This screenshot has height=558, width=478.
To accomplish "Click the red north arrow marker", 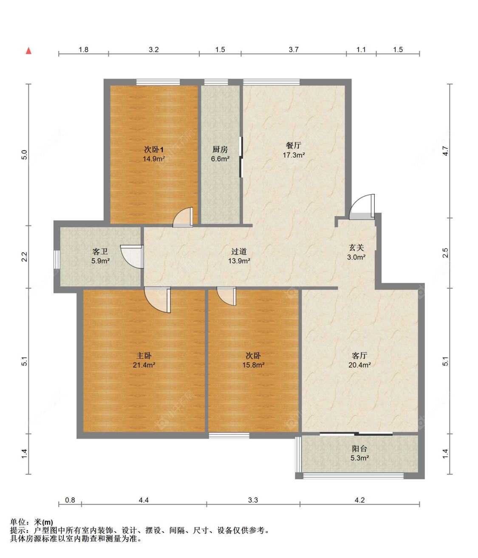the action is [x=28, y=51].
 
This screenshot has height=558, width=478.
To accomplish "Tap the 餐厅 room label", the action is [x=293, y=145].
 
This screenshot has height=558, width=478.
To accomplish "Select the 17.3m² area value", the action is [x=294, y=155].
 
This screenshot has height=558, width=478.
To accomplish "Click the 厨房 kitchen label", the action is [x=220, y=149].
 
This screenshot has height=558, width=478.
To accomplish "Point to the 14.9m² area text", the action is [x=154, y=158].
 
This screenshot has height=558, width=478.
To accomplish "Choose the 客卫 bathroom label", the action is [x=100, y=251].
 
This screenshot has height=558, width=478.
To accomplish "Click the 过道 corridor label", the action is [x=239, y=251].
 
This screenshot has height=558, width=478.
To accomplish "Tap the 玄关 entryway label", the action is [x=356, y=248].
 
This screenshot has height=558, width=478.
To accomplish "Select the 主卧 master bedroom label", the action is [x=144, y=355].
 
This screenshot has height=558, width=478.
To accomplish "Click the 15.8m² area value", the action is [x=253, y=365].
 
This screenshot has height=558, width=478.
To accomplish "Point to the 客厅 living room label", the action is [x=359, y=355].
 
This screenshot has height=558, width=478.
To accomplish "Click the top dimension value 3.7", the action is [x=294, y=49].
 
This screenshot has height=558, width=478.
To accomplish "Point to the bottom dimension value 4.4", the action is [x=144, y=500].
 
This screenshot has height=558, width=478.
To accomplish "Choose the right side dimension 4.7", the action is [x=446, y=151].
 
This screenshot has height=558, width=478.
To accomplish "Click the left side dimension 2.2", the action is [x=24, y=257].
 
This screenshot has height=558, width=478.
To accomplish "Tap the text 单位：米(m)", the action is [x=31, y=522].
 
